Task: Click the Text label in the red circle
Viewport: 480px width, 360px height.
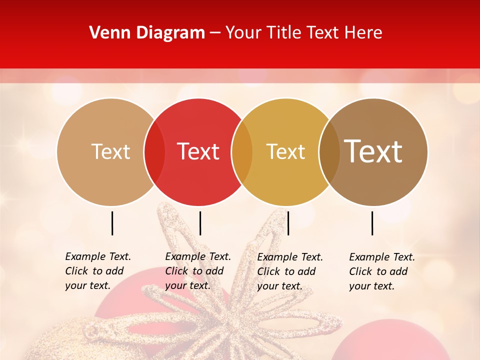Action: tap(198, 151)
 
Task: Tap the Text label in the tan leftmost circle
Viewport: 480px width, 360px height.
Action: tap(110, 151)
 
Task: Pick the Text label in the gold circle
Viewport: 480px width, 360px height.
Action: tap(285, 151)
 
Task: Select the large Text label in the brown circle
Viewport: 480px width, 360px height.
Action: tap(373, 151)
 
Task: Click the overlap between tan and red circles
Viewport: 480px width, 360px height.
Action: tap(154, 151)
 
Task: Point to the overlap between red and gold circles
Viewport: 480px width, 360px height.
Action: tap(242, 151)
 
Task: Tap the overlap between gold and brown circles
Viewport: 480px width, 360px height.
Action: tap(329, 151)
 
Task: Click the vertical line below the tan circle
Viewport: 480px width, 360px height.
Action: tap(112, 223)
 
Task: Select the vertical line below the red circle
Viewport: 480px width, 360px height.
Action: tap(200, 223)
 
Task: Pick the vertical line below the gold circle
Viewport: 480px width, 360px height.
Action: tap(288, 223)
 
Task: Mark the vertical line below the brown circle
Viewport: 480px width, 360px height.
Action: tap(372, 223)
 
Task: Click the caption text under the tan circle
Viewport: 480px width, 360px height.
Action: tap(97, 271)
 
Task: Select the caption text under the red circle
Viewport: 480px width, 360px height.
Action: tap(197, 271)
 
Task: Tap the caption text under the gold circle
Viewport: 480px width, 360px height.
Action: tap(289, 271)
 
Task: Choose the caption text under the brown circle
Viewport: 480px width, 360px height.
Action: tap(381, 271)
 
